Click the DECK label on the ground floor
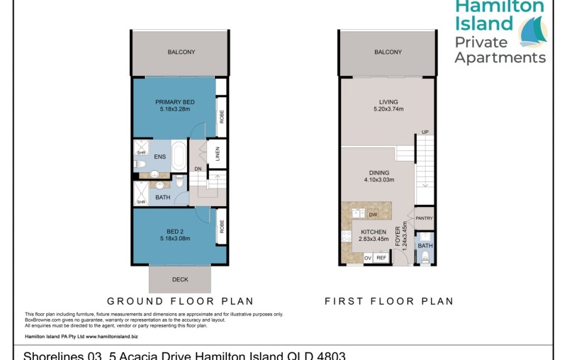(x=180, y=279)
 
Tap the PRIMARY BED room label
(x=175, y=102)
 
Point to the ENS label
(x=159, y=157)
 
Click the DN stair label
(x=199, y=169)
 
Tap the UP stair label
(x=425, y=133)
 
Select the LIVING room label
(x=388, y=102)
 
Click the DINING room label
(x=379, y=171)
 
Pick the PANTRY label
(x=424, y=218)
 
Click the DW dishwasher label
(x=372, y=214)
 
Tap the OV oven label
(x=367, y=258)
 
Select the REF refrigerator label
(x=381, y=258)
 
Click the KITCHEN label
(x=374, y=232)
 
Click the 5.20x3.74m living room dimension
(x=388, y=110)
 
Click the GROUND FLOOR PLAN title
(x=180, y=301)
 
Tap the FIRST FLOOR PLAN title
(x=388, y=301)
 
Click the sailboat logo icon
(x=534, y=31)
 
